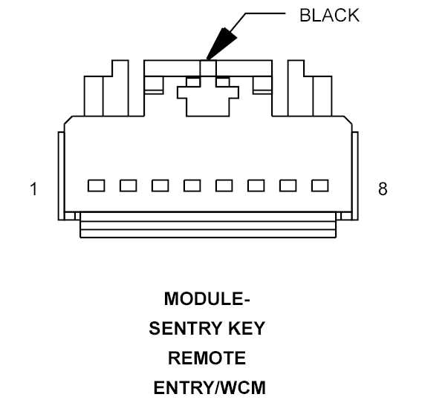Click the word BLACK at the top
tap(329, 16)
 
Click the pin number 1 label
tap(33, 189)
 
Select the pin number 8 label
tap(383, 189)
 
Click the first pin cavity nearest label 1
tap(96, 186)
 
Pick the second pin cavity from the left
tap(128, 186)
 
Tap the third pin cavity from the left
tap(160, 186)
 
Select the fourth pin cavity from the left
tap(192, 186)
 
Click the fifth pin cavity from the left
tap(224, 186)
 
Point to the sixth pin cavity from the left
tap(256, 186)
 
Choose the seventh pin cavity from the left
tap(288, 186)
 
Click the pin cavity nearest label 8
tap(320, 186)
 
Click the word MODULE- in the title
tap(207, 298)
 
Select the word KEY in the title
tap(247, 328)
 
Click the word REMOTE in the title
tap(207, 358)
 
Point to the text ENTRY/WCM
tap(210, 387)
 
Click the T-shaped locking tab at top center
tap(208, 102)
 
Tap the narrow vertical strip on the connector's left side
tap(61, 176)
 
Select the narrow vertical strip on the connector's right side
tap(355, 176)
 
